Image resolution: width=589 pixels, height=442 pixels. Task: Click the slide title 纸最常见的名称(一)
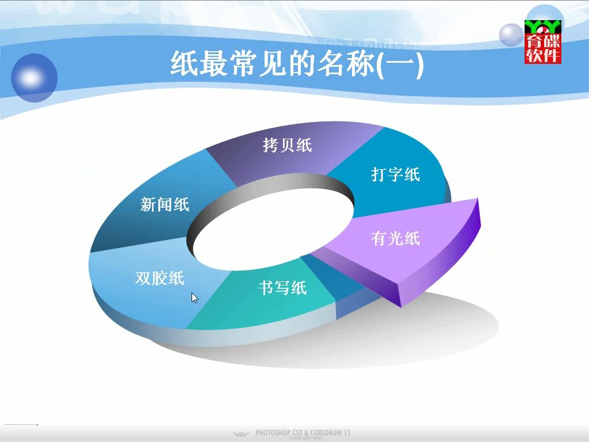pyautogui.click(x=297, y=64)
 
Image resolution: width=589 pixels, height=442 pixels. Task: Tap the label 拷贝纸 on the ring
pyautogui.click(x=288, y=145)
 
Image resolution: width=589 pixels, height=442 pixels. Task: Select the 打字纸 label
pyautogui.click(x=396, y=174)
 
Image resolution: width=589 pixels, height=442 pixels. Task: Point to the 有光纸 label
pyautogui.click(x=396, y=238)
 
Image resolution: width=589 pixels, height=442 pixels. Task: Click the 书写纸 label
pyautogui.click(x=282, y=288)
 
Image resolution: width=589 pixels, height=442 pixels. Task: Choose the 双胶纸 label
pyautogui.click(x=160, y=279)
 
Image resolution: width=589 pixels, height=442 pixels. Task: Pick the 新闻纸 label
pyautogui.click(x=165, y=204)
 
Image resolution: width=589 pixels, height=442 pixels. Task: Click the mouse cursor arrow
pyautogui.click(x=194, y=298)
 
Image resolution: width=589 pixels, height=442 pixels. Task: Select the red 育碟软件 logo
pyautogui.click(x=543, y=41)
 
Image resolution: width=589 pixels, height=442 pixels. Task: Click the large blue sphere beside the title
pyautogui.click(x=34, y=78)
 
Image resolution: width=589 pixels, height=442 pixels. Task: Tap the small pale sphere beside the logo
pyautogui.click(x=511, y=35)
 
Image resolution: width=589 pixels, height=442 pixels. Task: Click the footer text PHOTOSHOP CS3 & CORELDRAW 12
pyautogui.click(x=303, y=433)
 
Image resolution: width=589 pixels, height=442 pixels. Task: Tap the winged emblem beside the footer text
pyautogui.click(x=241, y=434)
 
